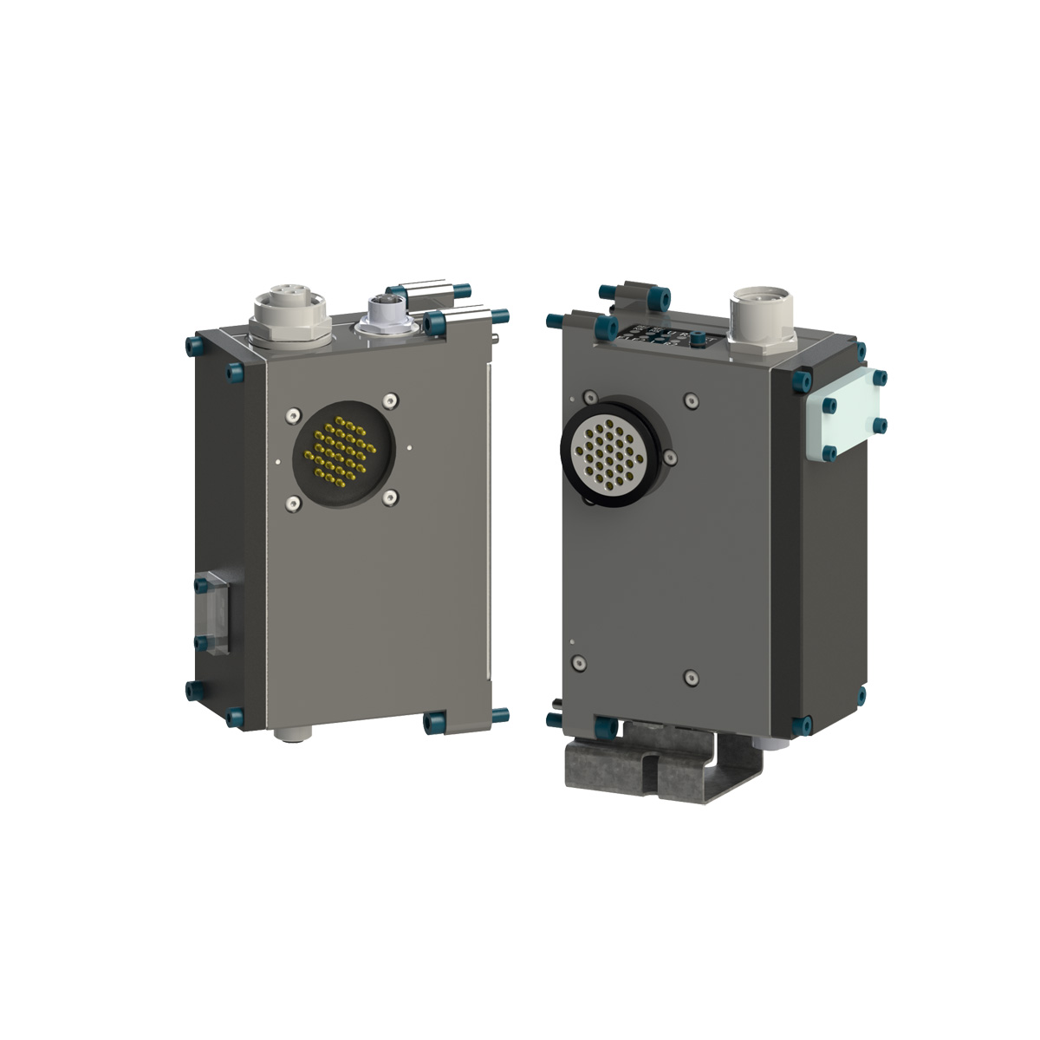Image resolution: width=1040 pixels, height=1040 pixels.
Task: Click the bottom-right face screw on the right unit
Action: coord(690,676)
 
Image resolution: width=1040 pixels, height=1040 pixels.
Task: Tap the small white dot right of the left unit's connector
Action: coord(408,448)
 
